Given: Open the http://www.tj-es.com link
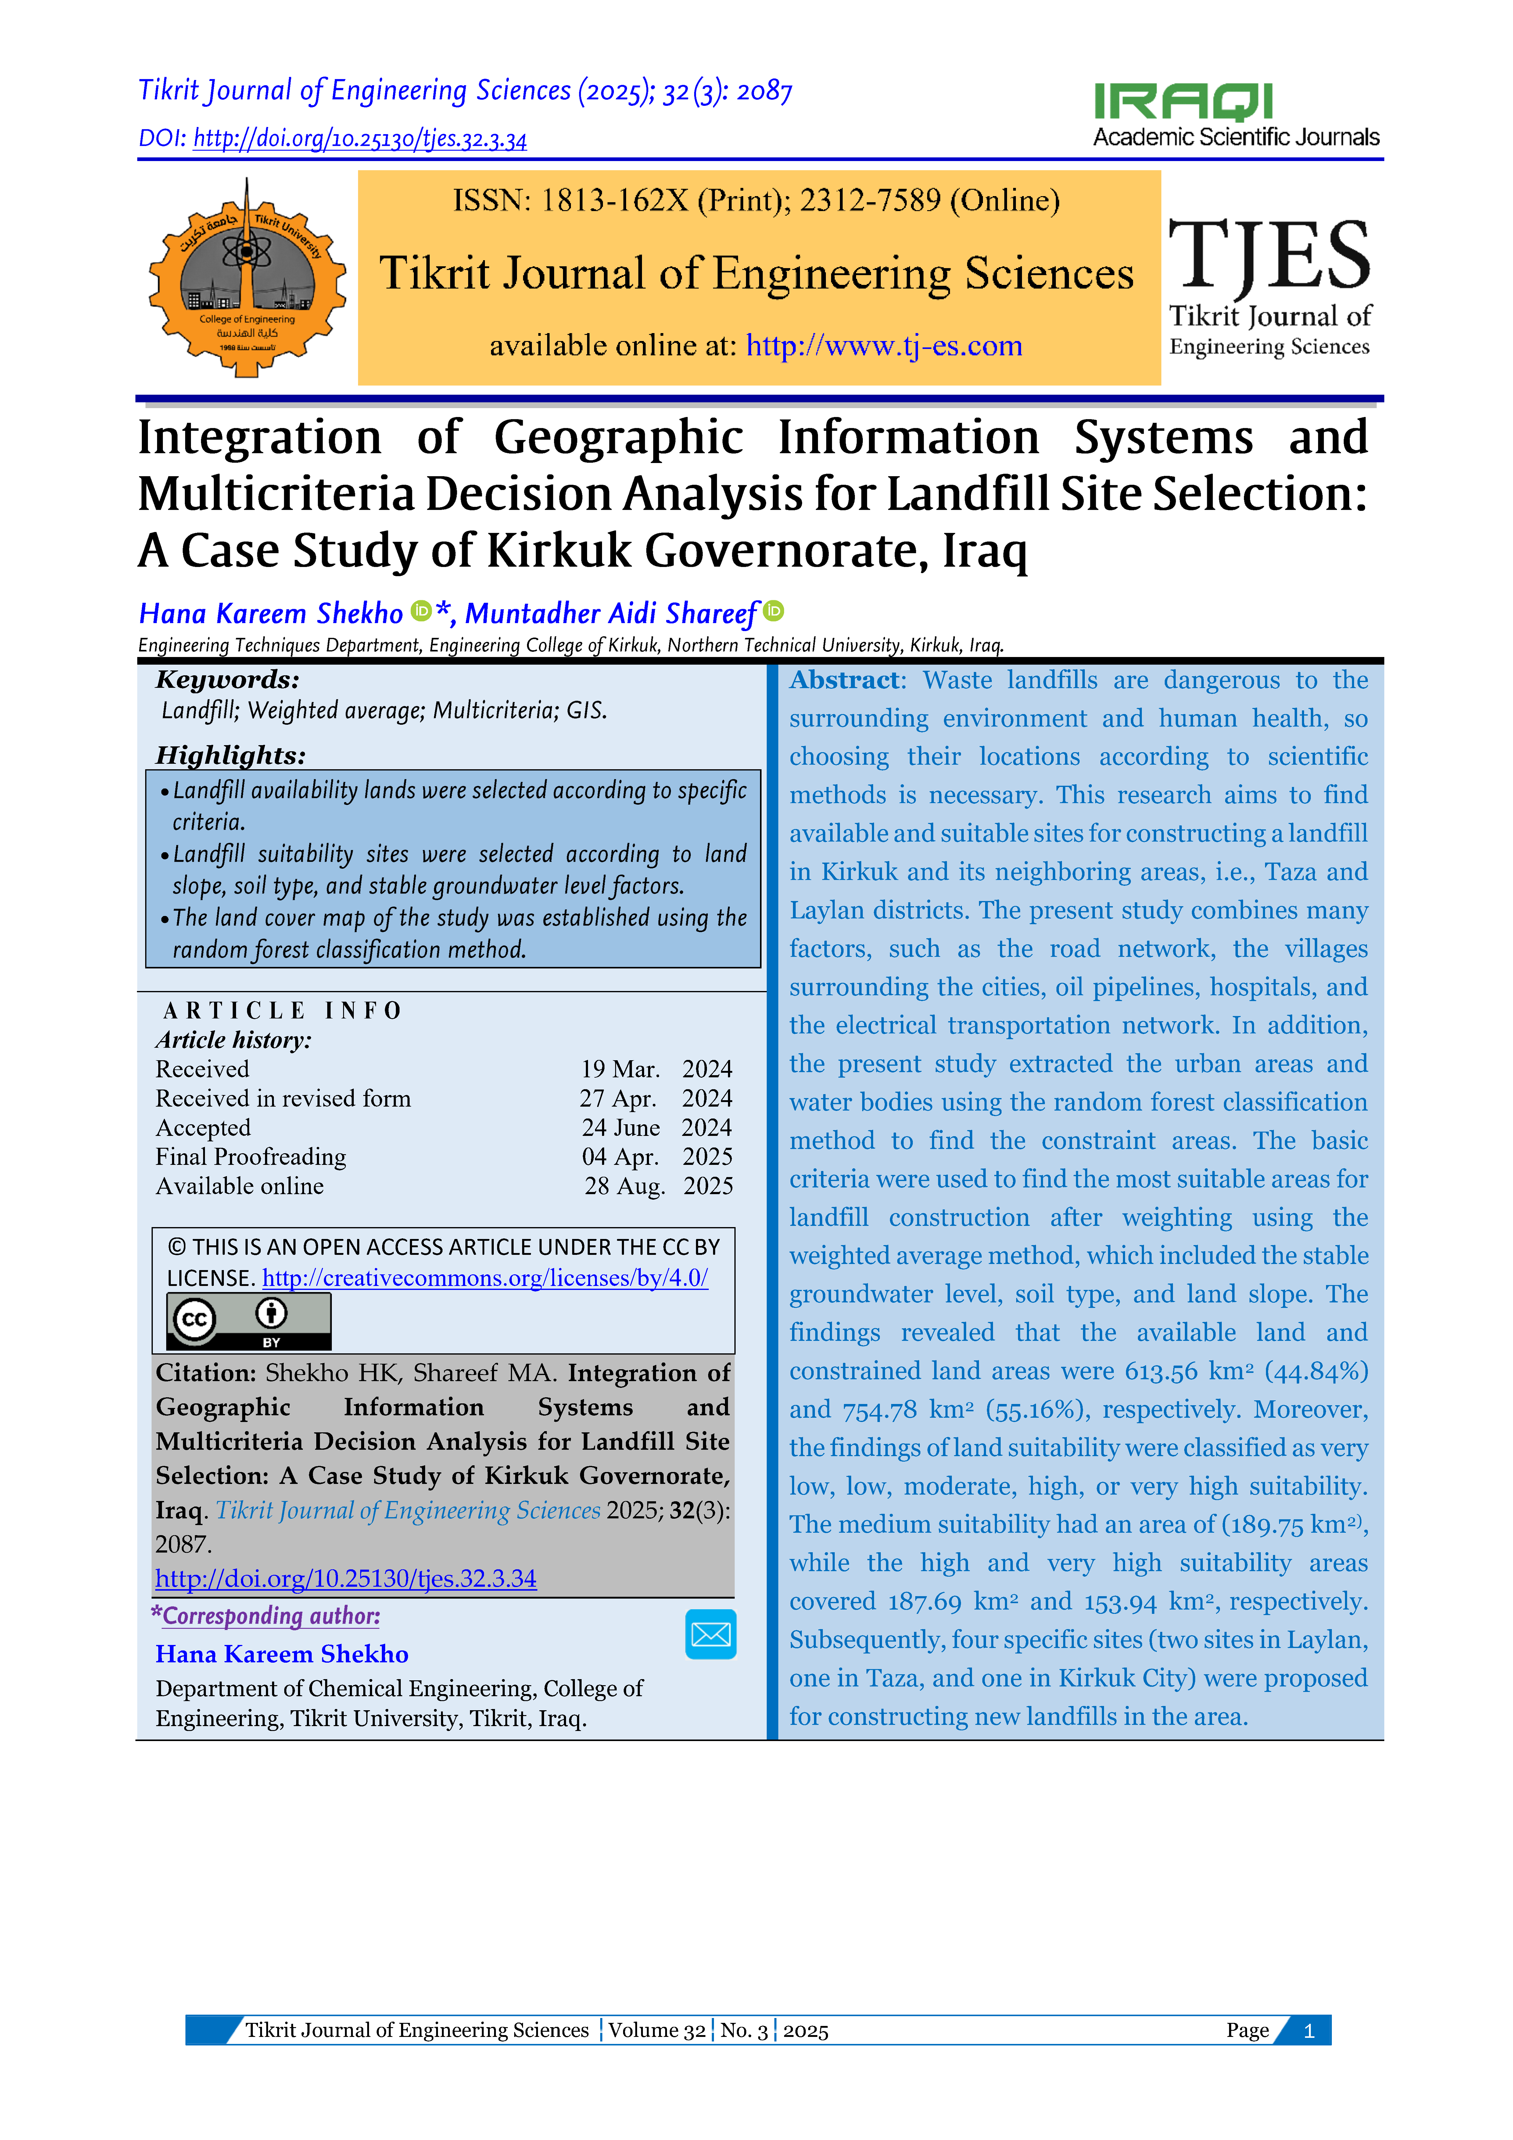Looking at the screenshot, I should tap(884, 346).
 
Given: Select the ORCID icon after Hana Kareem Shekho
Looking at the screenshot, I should tap(421, 612).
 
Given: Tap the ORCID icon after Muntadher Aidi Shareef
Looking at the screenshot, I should tap(774, 612).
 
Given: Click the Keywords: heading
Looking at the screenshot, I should tap(228, 680).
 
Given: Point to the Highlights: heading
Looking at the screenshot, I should tap(230, 755).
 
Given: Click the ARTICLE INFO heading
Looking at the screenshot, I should tap(281, 1010).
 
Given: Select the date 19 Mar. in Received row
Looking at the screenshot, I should tap(620, 1069).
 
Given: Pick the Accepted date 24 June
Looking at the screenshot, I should tap(620, 1128).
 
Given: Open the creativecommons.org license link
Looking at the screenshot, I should tap(485, 1278).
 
